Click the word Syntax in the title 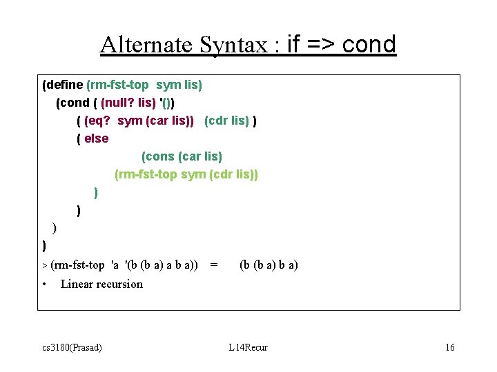pyautogui.click(x=237, y=45)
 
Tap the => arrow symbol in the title pyautogui.click(x=320, y=45)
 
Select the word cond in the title pyautogui.click(x=369, y=45)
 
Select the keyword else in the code pyautogui.click(x=97, y=138)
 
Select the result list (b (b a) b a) pyautogui.click(x=269, y=265)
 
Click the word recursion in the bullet pyautogui.click(x=120, y=284)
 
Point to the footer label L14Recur pyautogui.click(x=248, y=347)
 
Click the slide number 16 pyautogui.click(x=449, y=347)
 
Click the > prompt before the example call pyautogui.click(x=45, y=265)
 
